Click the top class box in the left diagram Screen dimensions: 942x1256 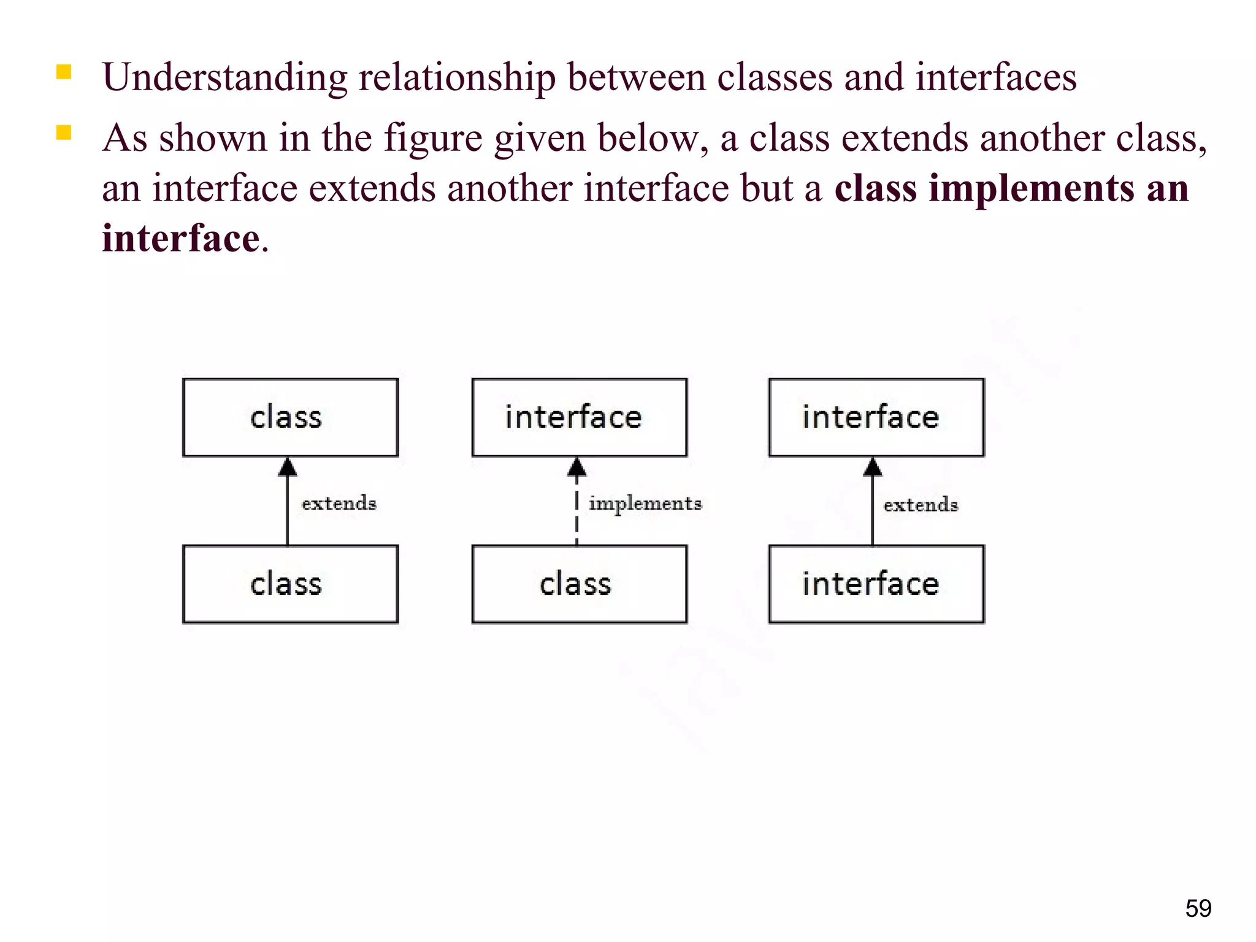(x=290, y=418)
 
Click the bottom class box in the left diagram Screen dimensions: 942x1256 (x=290, y=584)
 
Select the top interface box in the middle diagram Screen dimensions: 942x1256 (x=579, y=418)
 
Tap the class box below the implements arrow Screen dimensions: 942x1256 (x=579, y=584)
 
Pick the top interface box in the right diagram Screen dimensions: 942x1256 (x=876, y=418)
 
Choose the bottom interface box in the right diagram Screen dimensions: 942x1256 (x=876, y=584)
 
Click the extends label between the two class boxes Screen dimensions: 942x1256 (x=339, y=504)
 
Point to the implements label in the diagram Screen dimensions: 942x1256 (x=645, y=504)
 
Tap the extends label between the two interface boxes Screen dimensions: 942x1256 (x=921, y=505)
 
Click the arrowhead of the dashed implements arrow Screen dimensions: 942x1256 (x=576, y=468)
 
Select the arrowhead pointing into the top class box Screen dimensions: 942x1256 (x=287, y=468)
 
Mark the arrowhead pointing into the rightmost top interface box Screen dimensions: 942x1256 (x=873, y=468)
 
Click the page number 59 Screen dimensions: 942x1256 (x=1198, y=908)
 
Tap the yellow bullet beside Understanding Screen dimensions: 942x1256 (x=64, y=72)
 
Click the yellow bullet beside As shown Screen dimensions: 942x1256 (x=64, y=133)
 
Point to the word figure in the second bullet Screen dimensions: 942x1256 (x=433, y=139)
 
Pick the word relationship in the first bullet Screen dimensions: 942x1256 (x=457, y=78)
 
